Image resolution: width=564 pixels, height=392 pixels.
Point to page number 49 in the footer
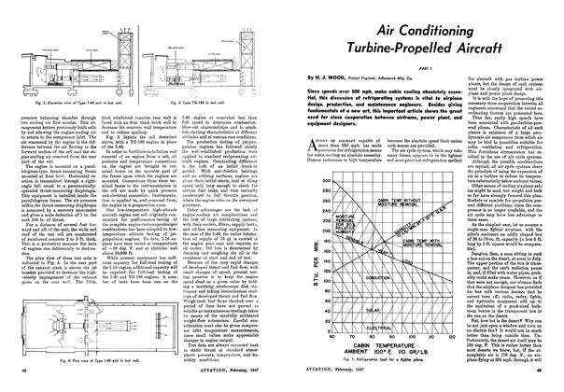tap(552, 383)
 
